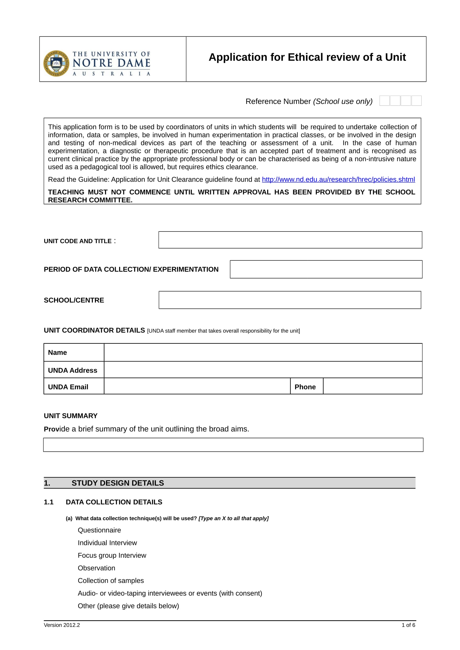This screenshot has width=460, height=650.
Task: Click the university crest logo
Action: click(x=56, y=63)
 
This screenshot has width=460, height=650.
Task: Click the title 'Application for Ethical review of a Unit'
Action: click(x=307, y=57)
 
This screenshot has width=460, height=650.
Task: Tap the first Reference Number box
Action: click(x=384, y=101)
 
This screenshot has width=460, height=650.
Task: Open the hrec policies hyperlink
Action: click(x=338, y=180)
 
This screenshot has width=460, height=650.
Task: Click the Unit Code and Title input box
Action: click(x=290, y=240)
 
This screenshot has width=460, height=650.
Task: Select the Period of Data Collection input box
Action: click(x=326, y=269)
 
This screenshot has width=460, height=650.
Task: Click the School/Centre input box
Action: click(x=289, y=300)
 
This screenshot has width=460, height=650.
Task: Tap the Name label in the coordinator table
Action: click(x=58, y=352)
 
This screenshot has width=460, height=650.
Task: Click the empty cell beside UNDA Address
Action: click(x=263, y=370)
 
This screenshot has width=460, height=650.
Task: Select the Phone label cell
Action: click(x=305, y=387)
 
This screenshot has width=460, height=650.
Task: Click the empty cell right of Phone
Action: click(x=372, y=387)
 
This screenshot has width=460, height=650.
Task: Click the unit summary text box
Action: click(x=233, y=445)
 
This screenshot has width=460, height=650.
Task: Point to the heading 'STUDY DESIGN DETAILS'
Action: click(x=118, y=483)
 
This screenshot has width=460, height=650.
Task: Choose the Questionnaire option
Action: click(x=99, y=530)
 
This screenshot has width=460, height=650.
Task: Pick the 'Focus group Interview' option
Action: click(x=112, y=555)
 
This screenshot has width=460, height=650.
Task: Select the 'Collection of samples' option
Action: click(x=110, y=580)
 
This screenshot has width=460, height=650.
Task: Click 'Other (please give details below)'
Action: click(x=128, y=606)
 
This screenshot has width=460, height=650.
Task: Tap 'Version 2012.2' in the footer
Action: click(x=62, y=625)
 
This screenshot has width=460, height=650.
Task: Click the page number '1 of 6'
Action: click(x=408, y=625)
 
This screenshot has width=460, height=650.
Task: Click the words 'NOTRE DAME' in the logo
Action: click(x=111, y=63)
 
